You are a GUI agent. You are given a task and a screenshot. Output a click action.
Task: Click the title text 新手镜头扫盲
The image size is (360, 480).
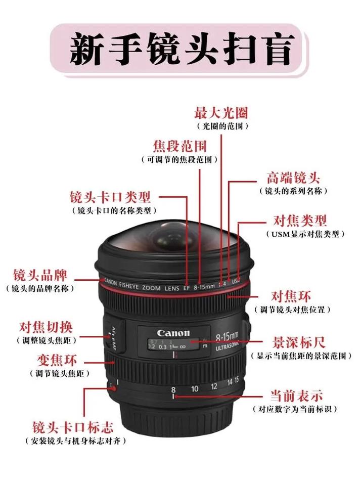(181, 50)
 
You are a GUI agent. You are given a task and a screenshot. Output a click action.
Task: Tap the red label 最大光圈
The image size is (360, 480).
(221, 112)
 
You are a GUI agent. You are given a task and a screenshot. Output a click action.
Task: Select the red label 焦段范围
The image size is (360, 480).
(180, 147)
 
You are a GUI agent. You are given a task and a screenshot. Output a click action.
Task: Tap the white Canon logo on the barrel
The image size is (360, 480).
(173, 333)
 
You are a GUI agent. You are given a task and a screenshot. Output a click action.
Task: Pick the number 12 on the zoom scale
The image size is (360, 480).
(214, 386)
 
